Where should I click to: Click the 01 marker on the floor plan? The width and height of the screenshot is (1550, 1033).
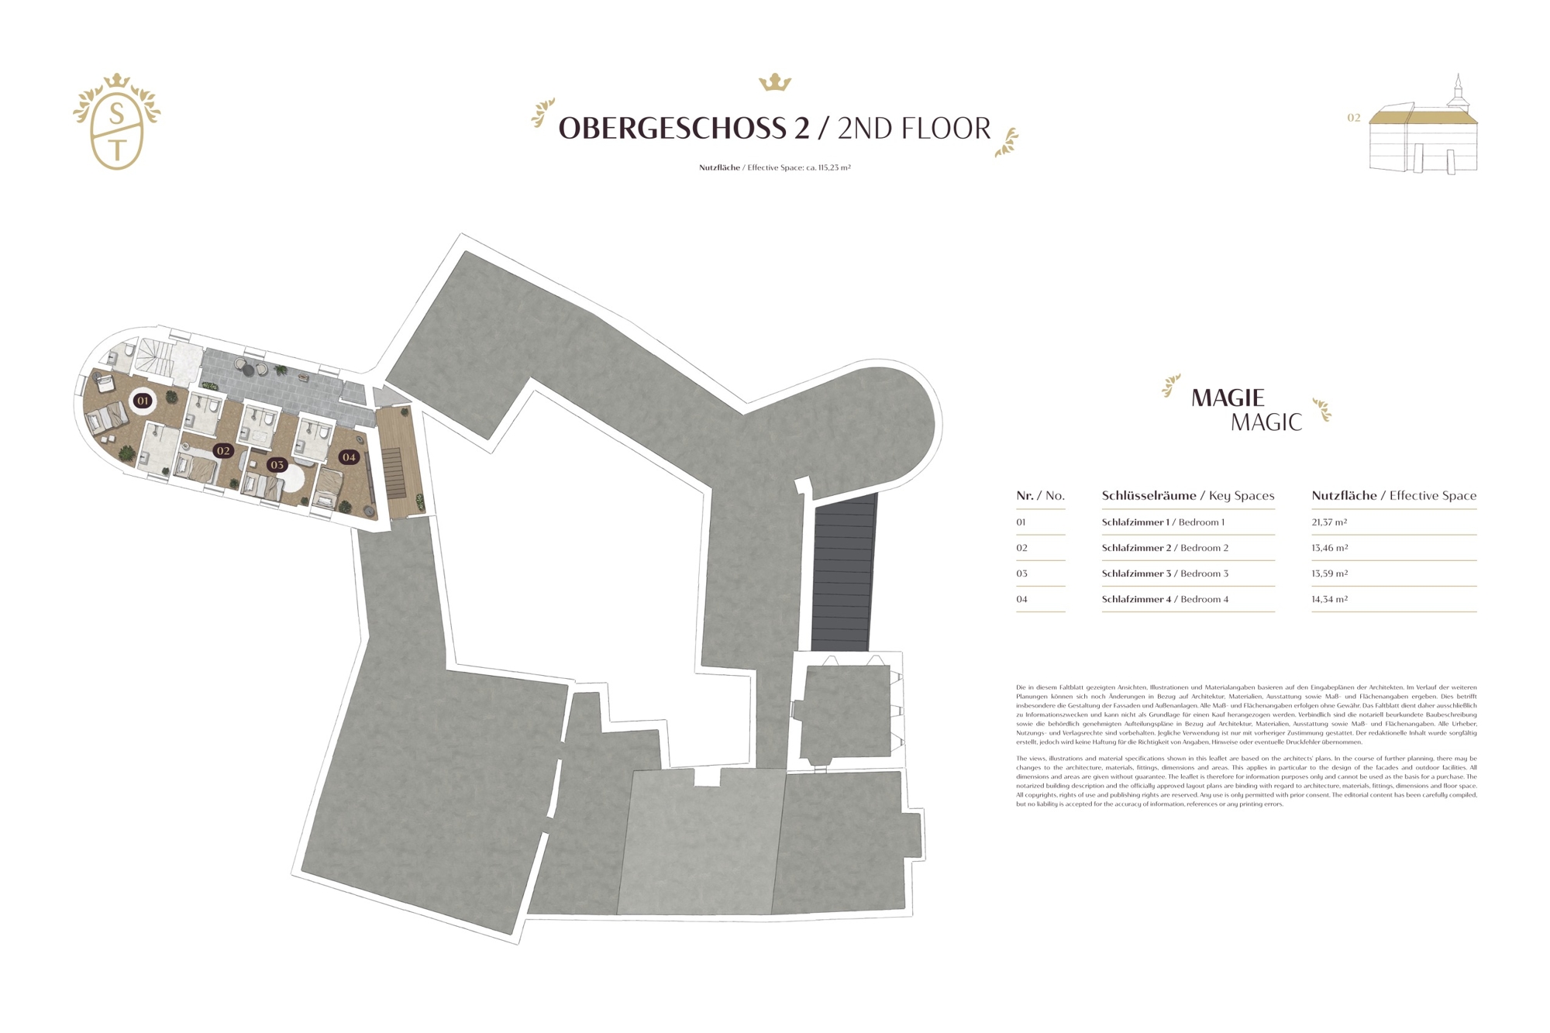tap(143, 401)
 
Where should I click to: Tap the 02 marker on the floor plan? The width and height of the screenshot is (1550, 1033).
tap(223, 450)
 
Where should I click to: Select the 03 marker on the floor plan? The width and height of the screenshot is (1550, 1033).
tap(277, 465)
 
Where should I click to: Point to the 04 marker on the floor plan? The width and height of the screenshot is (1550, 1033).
tap(349, 457)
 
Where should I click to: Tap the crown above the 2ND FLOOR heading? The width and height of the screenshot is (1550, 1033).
tap(774, 82)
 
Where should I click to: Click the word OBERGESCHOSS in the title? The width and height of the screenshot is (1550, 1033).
tap(684, 129)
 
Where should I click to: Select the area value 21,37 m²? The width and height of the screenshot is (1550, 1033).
tap(1329, 522)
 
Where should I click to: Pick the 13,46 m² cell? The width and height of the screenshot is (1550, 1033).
tap(1329, 548)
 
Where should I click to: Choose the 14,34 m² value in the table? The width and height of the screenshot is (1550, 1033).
tap(1329, 599)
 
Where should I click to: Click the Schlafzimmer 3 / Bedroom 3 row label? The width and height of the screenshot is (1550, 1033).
tap(1164, 573)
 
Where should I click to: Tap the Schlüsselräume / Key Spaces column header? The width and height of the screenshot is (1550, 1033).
tap(1187, 495)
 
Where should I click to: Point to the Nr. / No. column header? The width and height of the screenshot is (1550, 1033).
tap(1040, 495)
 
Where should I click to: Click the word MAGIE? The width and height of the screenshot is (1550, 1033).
tap(1227, 398)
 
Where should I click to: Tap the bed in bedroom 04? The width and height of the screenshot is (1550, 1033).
tap(328, 487)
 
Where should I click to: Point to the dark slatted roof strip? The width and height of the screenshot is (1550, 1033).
tap(843, 573)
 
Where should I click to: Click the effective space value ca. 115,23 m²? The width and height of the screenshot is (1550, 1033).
tap(828, 167)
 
